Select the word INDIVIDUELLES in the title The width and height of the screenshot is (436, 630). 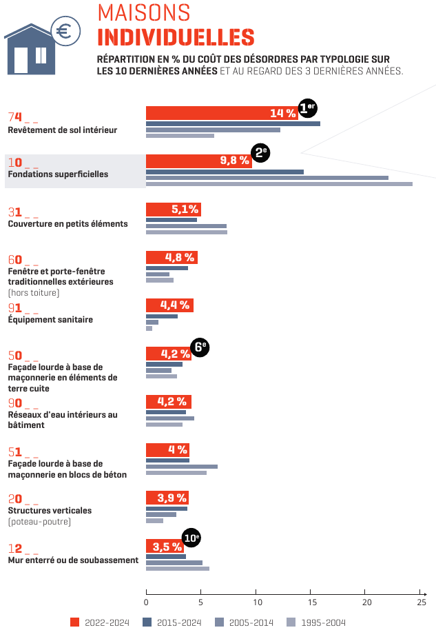pos(176,37)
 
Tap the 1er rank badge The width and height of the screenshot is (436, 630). pos(307,108)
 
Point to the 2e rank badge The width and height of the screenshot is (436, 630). pos(261,153)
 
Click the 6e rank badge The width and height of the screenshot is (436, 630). pos(200,347)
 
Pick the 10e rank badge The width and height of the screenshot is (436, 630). pos(191,538)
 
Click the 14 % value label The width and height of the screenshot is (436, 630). pos(282,113)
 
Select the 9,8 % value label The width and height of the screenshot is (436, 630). pos(234,161)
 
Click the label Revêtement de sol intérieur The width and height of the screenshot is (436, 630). pos(63,130)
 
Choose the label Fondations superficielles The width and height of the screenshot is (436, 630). pos(58,174)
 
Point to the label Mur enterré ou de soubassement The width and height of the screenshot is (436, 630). pos(73,560)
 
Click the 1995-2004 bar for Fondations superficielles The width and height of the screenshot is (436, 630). pos(279,184)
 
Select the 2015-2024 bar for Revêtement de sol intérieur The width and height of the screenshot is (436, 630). pos(233,123)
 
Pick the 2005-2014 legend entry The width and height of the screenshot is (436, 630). pos(245,622)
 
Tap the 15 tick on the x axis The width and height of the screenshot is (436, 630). pos(311,602)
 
